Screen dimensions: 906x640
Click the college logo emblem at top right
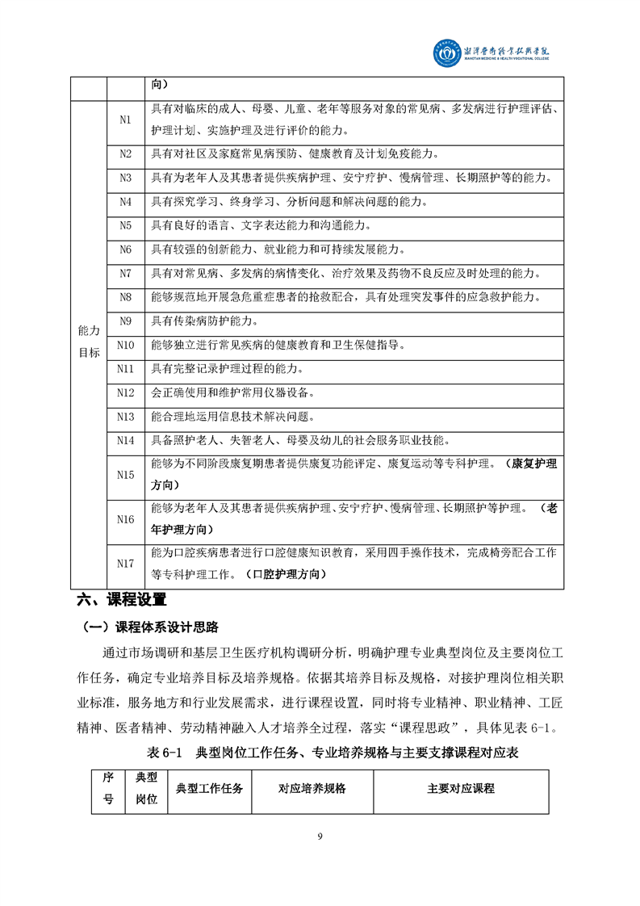(x=446, y=53)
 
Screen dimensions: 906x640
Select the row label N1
(x=125, y=119)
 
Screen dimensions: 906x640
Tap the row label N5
(x=125, y=225)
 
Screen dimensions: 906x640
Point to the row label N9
(x=125, y=321)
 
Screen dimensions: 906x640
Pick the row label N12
(x=125, y=392)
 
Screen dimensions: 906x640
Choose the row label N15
(x=125, y=475)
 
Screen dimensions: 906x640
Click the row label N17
(x=125, y=564)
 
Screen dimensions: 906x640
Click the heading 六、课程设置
(x=121, y=600)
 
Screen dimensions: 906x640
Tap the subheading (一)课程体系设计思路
(x=150, y=627)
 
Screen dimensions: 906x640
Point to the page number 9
(x=320, y=836)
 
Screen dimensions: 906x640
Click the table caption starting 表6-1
(x=332, y=753)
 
